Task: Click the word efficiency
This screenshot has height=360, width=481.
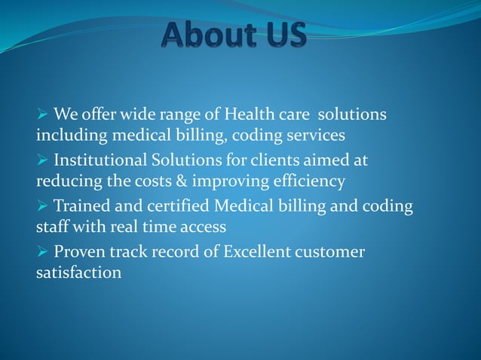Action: pos(307,181)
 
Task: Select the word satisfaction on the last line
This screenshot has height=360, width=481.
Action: pos(78,272)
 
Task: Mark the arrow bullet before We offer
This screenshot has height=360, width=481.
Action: pos(42,115)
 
